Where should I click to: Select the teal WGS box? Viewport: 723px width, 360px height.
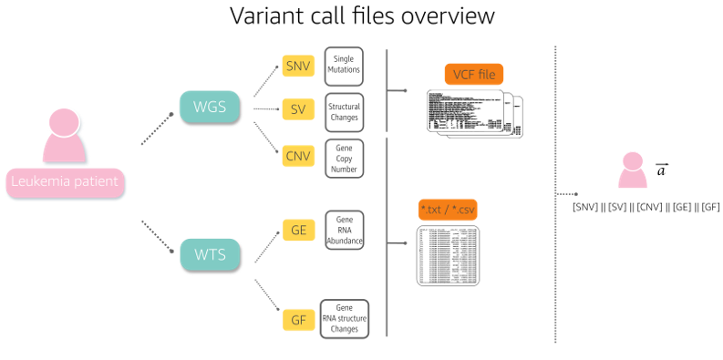coord(210,108)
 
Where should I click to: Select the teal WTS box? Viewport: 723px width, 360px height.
coord(210,254)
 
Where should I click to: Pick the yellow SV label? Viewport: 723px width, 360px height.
coord(298,110)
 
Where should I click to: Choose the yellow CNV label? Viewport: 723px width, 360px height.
coord(298,156)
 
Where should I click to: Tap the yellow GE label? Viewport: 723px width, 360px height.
coord(298,231)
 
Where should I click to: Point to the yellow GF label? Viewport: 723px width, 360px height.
coord(298,320)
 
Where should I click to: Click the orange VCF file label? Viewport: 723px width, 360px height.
coord(474,75)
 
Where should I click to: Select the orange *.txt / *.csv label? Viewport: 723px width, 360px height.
coord(448,210)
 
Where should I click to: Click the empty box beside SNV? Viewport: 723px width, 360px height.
coord(344,67)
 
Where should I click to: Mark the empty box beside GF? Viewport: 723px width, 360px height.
coord(344,319)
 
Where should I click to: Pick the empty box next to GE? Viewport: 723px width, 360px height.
coord(344,230)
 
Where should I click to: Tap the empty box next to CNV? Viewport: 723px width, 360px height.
coord(344,158)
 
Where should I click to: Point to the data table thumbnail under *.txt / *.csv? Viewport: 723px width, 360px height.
coord(449,255)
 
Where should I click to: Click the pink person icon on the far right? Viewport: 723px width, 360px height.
coord(633,170)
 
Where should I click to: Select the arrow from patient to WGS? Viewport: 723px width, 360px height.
coord(157,129)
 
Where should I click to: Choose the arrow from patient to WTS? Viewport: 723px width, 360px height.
coord(157,234)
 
